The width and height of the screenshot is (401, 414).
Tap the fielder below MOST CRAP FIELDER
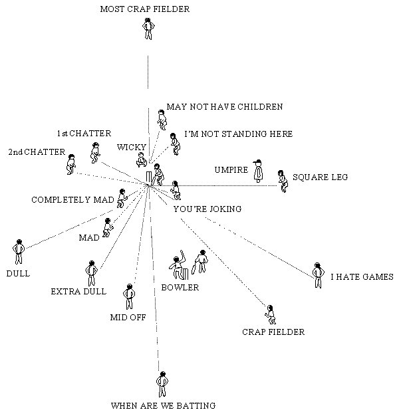[x=148, y=29]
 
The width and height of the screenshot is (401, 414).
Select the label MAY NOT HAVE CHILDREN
[x=225, y=106]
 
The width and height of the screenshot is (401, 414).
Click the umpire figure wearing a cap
[x=258, y=171]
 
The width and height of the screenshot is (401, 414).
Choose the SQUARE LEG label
[x=320, y=177]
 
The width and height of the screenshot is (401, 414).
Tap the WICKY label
[x=127, y=146]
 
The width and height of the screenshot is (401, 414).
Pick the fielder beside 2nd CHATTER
[x=71, y=163]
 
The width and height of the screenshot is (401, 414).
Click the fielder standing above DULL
[x=19, y=252]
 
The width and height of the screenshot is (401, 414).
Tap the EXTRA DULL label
[x=78, y=291]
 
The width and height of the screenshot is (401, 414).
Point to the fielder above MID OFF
[x=128, y=296]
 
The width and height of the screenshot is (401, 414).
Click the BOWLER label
[x=180, y=288]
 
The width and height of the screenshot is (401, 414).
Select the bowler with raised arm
[x=177, y=266]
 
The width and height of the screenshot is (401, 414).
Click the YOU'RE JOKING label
[x=207, y=209]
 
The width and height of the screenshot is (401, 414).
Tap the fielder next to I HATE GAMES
[x=317, y=274]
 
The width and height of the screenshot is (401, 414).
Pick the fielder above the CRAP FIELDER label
[x=270, y=314]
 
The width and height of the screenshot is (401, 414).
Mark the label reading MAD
[x=88, y=237]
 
